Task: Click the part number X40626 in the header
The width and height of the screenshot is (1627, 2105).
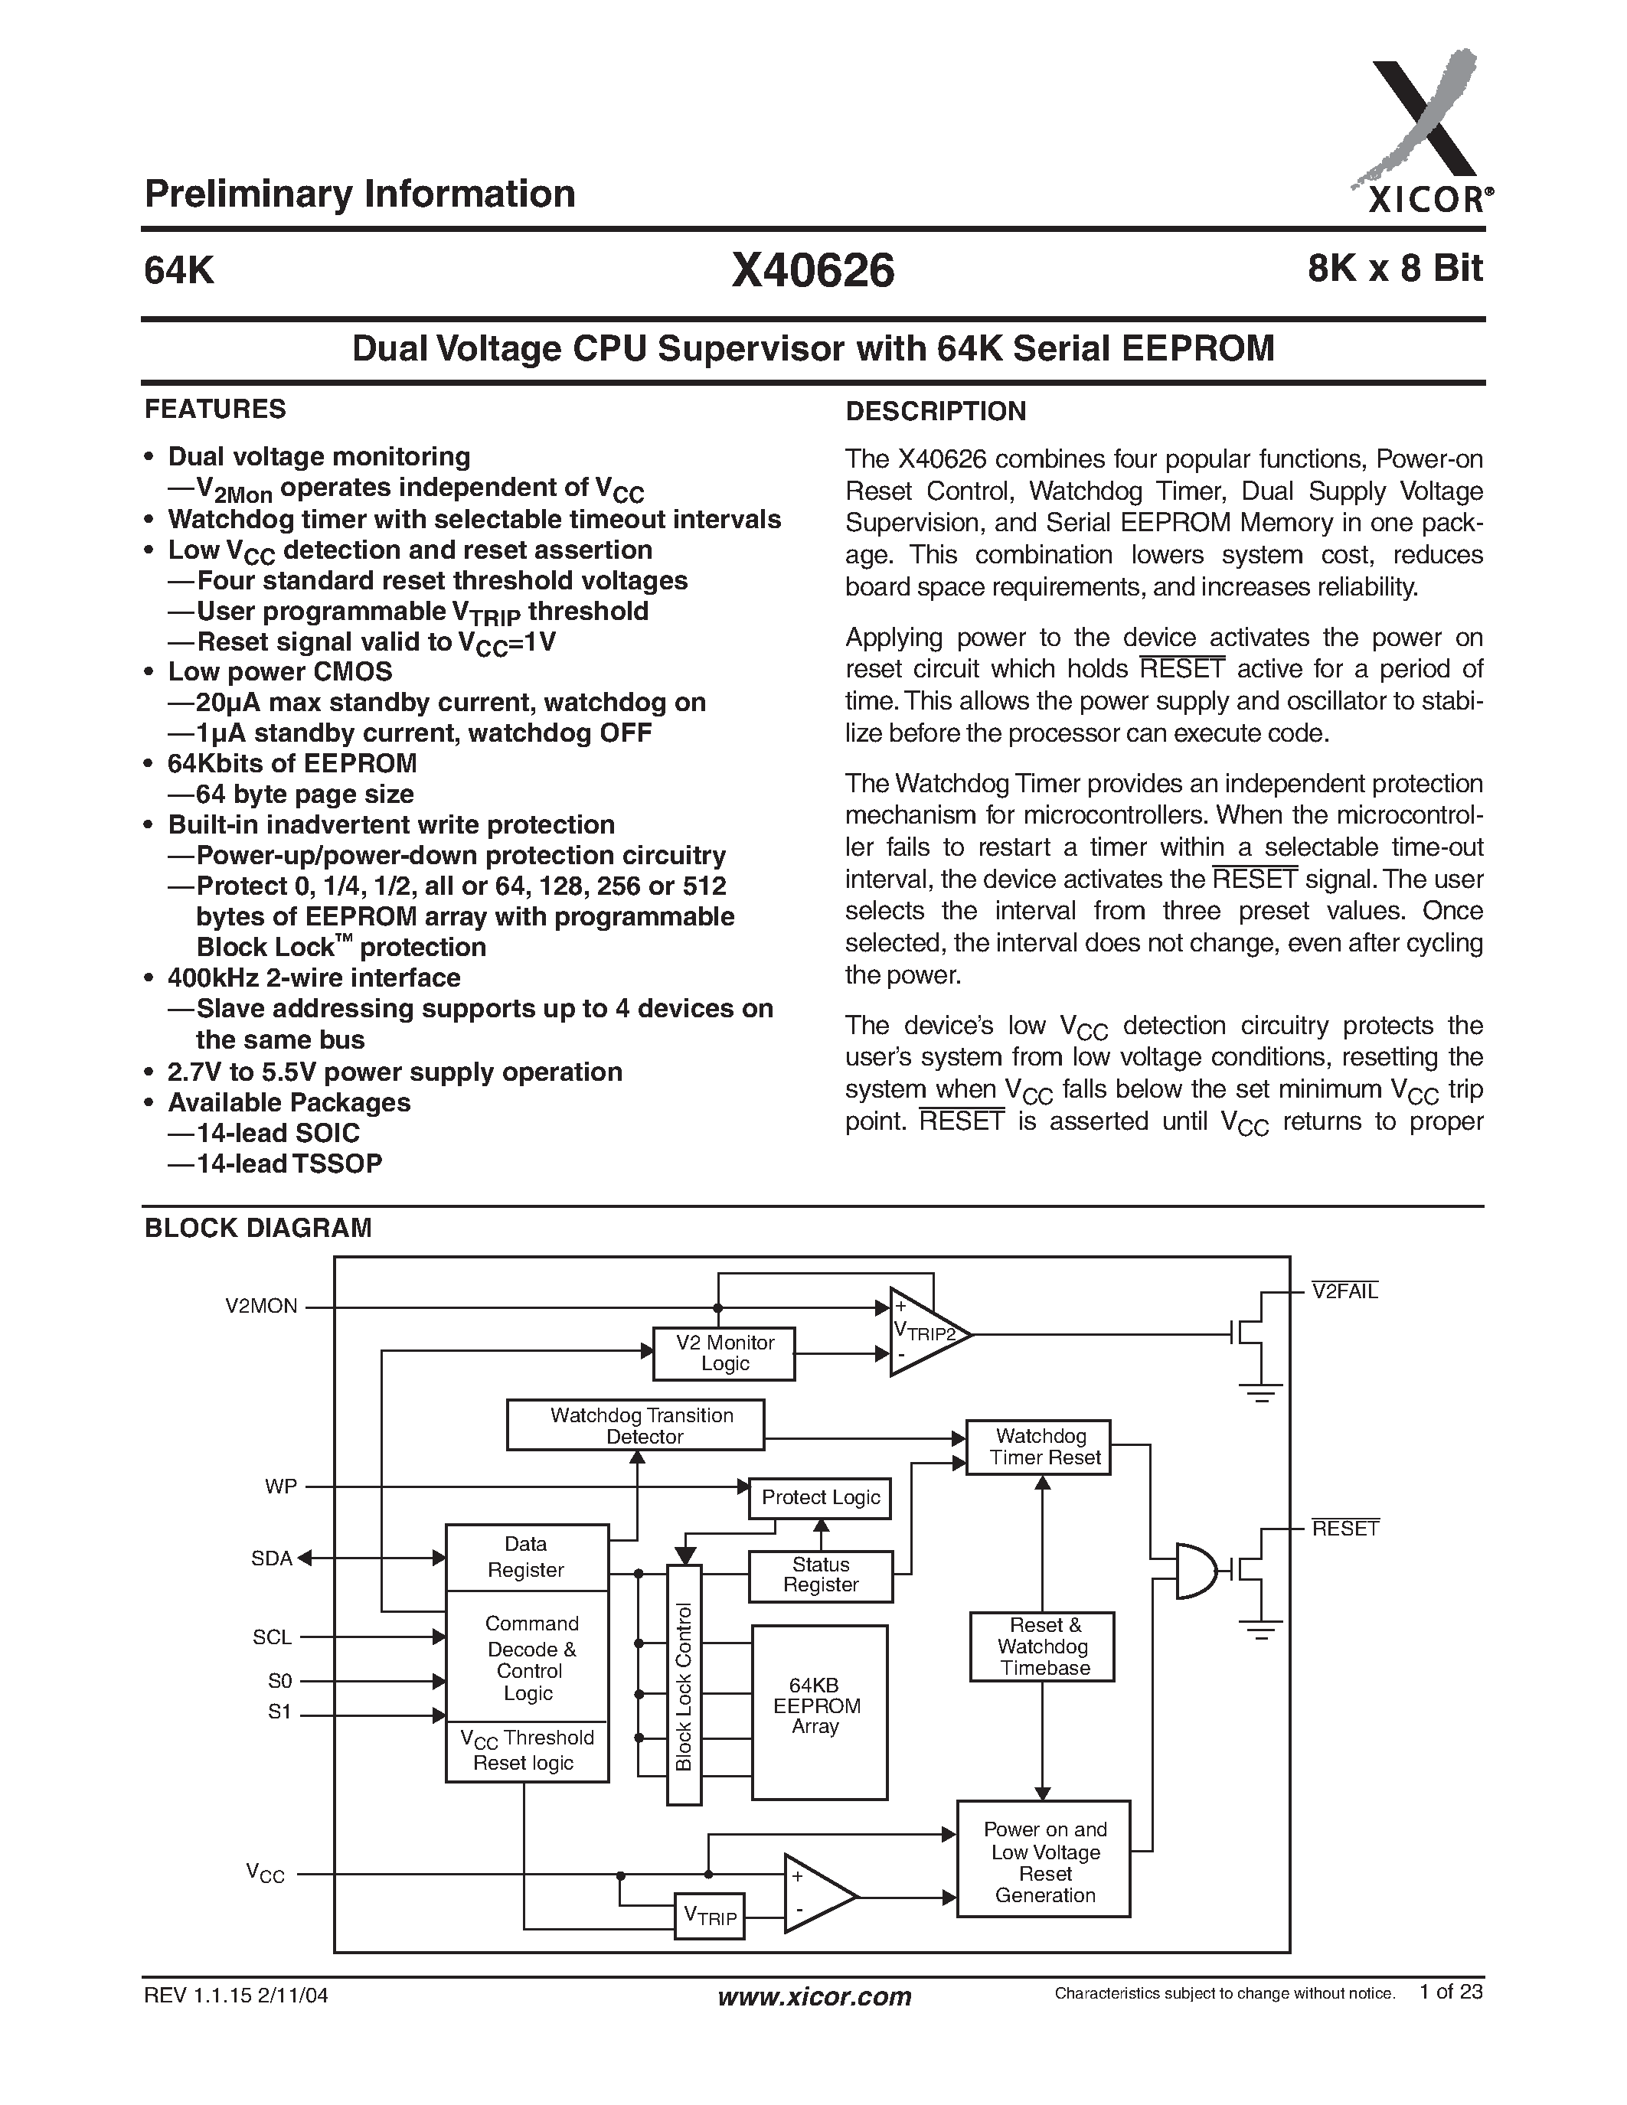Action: tap(812, 271)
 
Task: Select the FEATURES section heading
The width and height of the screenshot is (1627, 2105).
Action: tap(215, 410)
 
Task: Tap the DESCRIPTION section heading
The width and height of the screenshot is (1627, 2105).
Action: tap(935, 412)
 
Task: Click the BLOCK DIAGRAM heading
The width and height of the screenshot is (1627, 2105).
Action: tap(257, 1228)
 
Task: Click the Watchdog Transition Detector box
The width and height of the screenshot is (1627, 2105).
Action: tap(635, 1425)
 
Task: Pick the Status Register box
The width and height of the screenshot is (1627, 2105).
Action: tap(820, 1575)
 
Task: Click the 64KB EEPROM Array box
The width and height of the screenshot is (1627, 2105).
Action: tap(818, 1711)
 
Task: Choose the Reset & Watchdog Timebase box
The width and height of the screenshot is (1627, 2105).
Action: tap(1042, 1647)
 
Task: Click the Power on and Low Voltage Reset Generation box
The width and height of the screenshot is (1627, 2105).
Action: tap(1043, 1859)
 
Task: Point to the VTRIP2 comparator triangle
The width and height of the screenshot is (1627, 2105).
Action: tap(923, 1332)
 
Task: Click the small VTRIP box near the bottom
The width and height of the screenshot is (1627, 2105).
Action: tap(710, 1915)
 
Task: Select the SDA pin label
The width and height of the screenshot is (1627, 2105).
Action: tap(271, 1558)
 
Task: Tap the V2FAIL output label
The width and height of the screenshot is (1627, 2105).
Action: tap(1344, 1291)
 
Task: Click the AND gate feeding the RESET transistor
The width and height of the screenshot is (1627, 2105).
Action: tap(1196, 1571)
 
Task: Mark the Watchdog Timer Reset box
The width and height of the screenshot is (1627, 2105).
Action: tap(1039, 1447)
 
